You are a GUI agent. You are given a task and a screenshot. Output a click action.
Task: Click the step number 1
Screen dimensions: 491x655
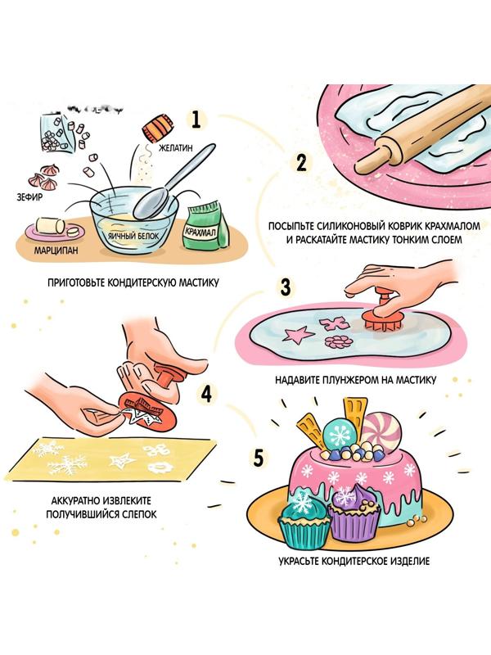coord(196,119)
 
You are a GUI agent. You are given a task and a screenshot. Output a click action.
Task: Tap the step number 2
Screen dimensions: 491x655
coord(301,163)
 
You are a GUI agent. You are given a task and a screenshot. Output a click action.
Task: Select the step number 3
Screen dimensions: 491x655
coord(286,287)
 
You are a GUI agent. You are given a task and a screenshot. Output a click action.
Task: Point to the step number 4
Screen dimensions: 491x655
coord(207,393)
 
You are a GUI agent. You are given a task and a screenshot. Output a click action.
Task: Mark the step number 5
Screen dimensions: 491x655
coord(259,458)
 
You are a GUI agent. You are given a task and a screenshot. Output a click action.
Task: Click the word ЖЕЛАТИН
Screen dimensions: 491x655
coord(176,147)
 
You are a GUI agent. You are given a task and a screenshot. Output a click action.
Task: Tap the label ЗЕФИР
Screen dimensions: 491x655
coord(29,197)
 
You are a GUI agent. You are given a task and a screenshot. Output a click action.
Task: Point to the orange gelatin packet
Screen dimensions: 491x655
coord(157,127)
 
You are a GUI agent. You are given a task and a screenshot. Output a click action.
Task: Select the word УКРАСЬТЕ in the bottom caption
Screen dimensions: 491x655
coord(300,561)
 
